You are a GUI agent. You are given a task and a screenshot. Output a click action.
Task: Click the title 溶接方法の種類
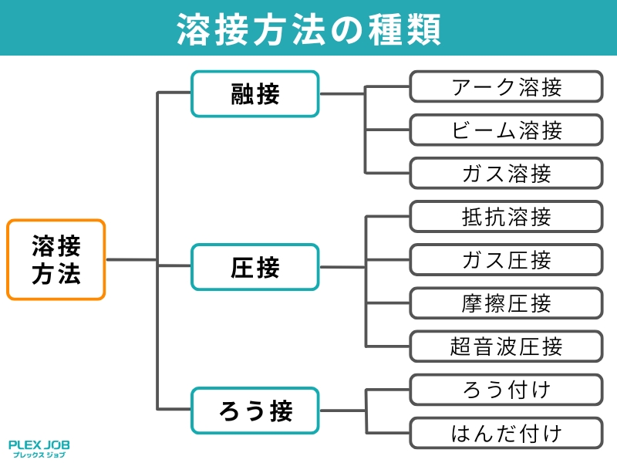pos(308,29)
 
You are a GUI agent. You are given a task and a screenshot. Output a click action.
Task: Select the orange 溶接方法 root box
pos(56,260)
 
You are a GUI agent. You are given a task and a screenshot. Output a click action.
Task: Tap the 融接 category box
pos(255,94)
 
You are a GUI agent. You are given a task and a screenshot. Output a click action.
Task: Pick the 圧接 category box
pos(255,267)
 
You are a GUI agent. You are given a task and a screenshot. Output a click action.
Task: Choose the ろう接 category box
pos(255,410)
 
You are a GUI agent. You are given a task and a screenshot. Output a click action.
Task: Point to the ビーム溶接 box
pos(505,130)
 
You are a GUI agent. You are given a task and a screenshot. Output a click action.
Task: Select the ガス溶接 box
pos(505,174)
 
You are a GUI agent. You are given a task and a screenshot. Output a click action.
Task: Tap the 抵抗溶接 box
pos(505,217)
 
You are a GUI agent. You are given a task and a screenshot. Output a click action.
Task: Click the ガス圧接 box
pos(505,260)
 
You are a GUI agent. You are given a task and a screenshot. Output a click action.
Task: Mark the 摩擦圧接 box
pos(505,303)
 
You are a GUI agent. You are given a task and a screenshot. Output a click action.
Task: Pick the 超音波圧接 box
pos(505,346)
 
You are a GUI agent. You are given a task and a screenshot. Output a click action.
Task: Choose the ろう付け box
pos(505,390)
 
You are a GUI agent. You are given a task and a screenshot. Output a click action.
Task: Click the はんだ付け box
pos(505,433)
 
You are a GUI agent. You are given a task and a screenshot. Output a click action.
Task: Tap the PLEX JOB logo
pos(39,444)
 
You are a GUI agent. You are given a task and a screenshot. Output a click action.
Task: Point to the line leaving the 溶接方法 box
pos(131,260)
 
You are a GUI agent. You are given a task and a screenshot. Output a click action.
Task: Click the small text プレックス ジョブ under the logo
pos(39,455)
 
